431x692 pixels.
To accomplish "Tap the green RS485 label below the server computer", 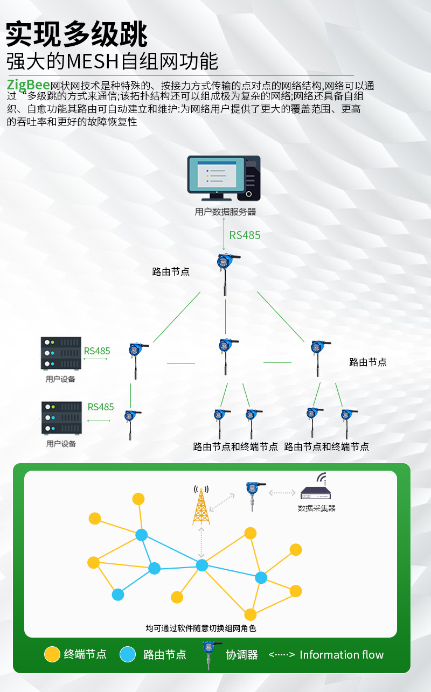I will pyautogui.click(x=245, y=235).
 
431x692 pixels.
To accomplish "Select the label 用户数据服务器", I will pyautogui.click(x=225, y=212).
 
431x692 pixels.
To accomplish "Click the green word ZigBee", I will pyautogui.click(x=28, y=85).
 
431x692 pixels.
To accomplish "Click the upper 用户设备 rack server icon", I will pyautogui.click(x=61, y=353).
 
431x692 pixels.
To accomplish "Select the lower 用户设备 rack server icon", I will pyautogui.click(x=61, y=418).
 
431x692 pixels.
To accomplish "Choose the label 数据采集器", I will pyautogui.click(x=317, y=508).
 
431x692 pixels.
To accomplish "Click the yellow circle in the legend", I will pyautogui.click(x=52, y=654).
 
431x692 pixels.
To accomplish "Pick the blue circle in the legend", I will pyautogui.click(x=128, y=654).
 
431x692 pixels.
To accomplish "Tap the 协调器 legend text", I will pyautogui.click(x=242, y=655).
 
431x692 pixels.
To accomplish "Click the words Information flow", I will pyautogui.click(x=342, y=655).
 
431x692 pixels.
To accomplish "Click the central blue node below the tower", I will pyautogui.click(x=202, y=565).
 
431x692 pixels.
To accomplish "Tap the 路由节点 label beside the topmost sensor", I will pyautogui.click(x=171, y=272).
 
